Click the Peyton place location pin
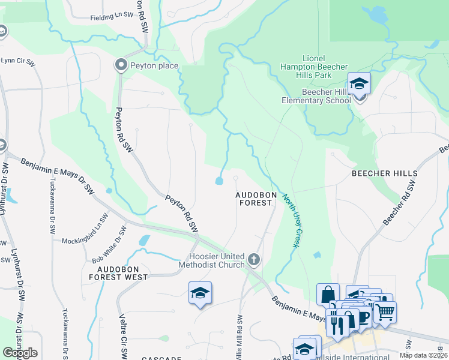[121, 65]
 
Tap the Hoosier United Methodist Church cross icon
[254, 260]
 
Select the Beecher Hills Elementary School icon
[359, 83]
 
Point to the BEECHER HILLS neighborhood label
[385, 173]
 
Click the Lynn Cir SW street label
[18, 61]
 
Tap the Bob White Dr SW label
[109, 244]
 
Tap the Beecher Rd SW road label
[400, 203]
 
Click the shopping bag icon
[328, 295]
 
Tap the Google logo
[20, 353]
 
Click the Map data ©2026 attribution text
[423, 355]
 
